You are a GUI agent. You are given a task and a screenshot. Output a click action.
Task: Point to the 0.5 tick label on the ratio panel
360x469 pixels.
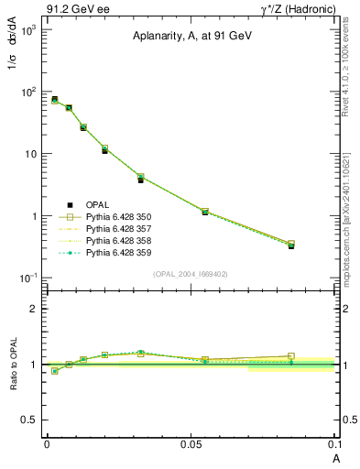pos(30,420)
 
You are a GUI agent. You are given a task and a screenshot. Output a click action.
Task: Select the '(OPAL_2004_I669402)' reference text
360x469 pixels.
pos(191,273)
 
